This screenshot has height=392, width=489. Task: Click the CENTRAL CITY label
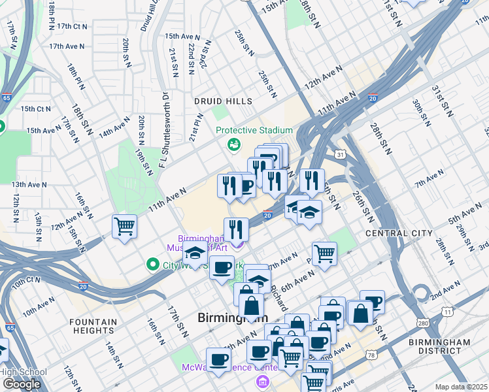pos(399,233)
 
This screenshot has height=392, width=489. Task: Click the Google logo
pos(22,384)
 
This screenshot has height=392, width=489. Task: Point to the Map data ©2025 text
pos(462,387)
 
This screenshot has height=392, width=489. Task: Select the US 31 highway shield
pos(340,155)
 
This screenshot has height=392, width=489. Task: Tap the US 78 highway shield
pos(372,355)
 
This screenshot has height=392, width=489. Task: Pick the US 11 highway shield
pos(447,312)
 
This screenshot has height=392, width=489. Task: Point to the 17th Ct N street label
pos(72,27)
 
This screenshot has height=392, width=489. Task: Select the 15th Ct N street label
pos(35,108)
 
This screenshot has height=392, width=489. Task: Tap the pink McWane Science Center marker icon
pos(262,382)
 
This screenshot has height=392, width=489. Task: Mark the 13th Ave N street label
pos(29,185)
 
